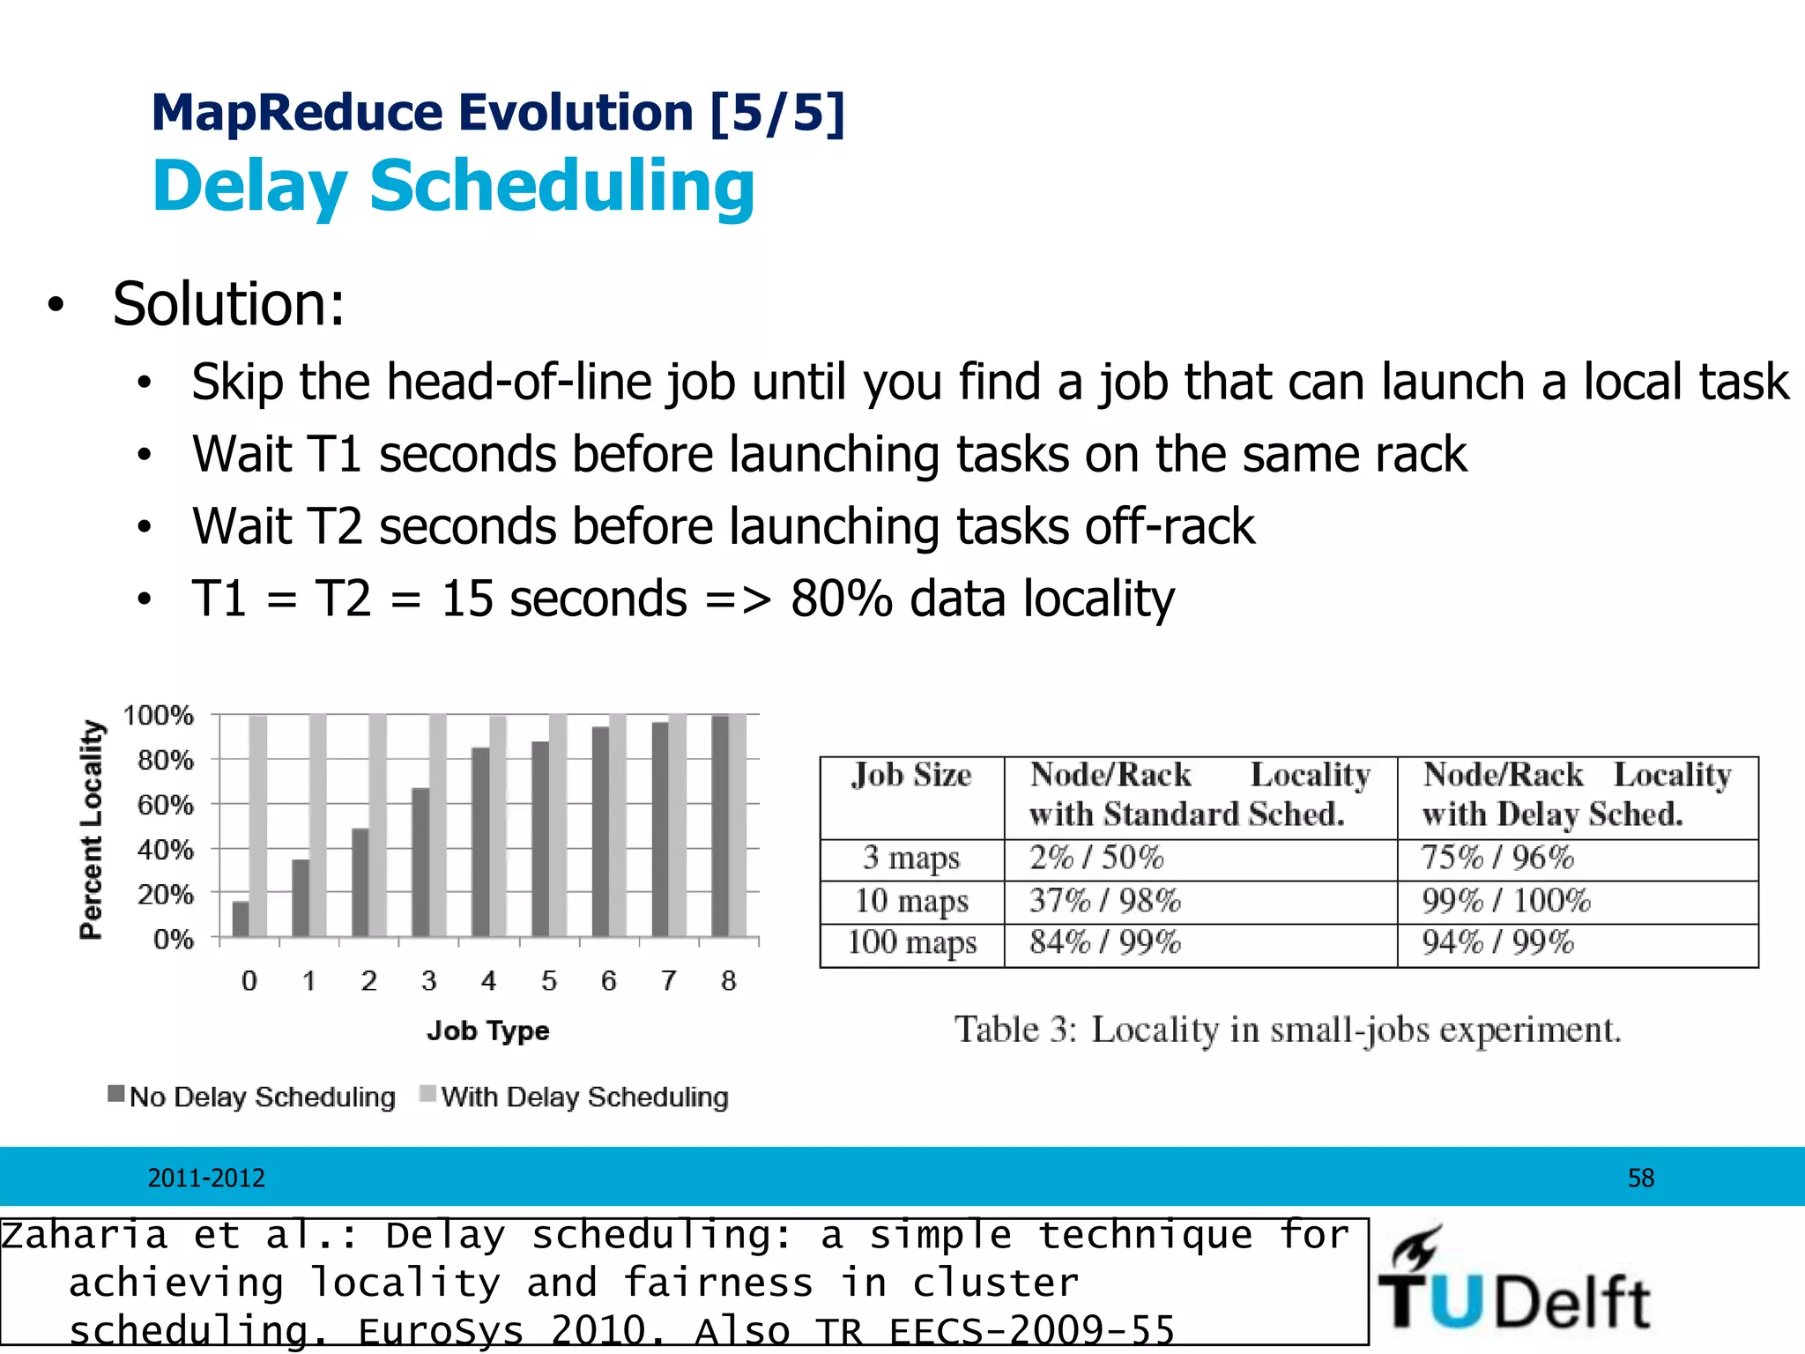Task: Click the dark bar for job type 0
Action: tap(241, 919)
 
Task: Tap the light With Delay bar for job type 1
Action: tap(318, 825)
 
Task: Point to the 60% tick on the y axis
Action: tap(165, 805)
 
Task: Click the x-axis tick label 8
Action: tap(728, 981)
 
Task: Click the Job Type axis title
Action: tap(487, 1030)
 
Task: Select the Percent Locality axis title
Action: tap(92, 829)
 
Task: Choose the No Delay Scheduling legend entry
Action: tap(252, 1097)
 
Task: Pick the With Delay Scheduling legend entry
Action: tap(575, 1097)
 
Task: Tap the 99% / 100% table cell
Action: tap(1505, 901)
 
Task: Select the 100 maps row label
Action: tap(911, 943)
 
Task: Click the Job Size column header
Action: tap(911, 776)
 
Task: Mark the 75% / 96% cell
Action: tap(1497, 858)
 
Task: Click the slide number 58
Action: tap(1640, 1178)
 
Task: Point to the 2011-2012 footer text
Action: tap(206, 1178)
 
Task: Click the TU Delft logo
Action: tap(1513, 1281)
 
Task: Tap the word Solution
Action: tap(228, 304)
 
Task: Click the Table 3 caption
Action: tap(1287, 1030)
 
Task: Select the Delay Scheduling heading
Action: tap(454, 186)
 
